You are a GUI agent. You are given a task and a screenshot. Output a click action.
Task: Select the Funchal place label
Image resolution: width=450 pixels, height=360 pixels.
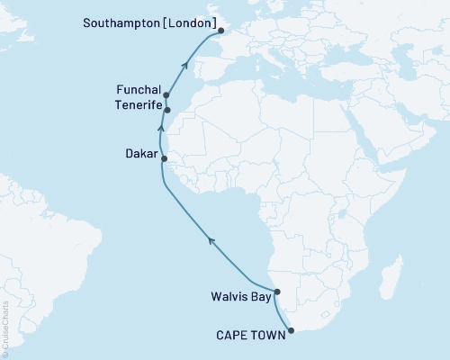[138, 91]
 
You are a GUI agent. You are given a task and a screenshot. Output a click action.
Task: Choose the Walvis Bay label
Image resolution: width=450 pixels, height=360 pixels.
[239, 292]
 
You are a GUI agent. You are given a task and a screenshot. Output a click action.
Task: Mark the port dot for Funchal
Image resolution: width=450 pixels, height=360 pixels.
[166, 94]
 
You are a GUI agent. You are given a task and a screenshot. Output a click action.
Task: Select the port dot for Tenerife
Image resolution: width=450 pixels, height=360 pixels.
[167, 111]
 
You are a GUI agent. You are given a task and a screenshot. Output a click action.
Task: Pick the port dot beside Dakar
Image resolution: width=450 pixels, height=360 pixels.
[164, 158]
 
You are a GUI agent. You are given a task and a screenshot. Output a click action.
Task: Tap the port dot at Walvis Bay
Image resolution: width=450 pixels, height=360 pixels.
[277, 292]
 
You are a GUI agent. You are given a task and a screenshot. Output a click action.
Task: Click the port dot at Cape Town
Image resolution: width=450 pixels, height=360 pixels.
[290, 330]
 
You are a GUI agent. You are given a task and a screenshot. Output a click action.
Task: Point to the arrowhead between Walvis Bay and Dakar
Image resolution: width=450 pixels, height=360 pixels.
[211, 238]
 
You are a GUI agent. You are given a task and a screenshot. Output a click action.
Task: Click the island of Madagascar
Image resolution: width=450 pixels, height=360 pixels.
[392, 270]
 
